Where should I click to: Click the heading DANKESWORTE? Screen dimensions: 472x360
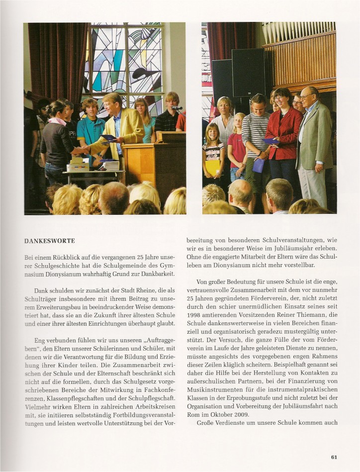click(50, 241)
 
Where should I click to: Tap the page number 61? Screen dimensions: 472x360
click(334, 457)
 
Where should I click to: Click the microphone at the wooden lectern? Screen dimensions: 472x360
click(177, 108)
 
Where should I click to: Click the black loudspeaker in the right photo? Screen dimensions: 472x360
click(248, 72)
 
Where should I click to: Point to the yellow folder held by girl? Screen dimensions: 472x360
click(213, 167)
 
